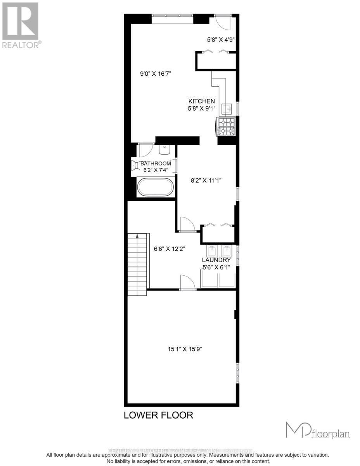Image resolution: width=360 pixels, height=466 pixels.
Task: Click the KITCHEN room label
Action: (x=202, y=101)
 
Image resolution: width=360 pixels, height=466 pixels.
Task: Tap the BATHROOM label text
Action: (x=156, y=163)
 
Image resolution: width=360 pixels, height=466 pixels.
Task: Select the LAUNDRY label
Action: (x=216, y=260)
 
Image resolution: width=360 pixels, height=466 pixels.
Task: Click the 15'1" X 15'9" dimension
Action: (x=183, y=349)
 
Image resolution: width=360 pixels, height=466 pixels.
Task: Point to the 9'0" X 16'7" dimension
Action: (x=156, y=73)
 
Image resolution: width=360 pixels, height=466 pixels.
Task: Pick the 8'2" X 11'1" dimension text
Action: (x=206, y=180)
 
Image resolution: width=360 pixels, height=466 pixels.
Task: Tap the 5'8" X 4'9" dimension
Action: (x=220, y=39)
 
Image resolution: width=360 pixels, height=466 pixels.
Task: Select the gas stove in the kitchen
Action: (x=226, y=127)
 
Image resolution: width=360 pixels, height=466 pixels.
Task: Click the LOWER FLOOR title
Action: (x=158, y=415)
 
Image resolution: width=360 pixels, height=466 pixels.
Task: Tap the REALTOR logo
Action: (x=20, y=25)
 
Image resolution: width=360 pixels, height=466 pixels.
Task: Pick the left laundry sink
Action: (x=212, y=250)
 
